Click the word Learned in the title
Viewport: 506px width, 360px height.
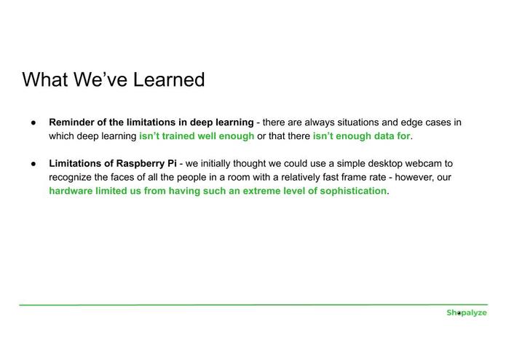169,79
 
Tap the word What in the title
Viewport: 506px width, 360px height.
45,79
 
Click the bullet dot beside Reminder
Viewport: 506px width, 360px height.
33,122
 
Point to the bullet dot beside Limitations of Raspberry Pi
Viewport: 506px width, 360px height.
33,164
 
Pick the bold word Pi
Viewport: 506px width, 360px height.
172,163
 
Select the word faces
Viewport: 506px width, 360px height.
122,177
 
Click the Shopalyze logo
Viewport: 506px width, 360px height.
467,313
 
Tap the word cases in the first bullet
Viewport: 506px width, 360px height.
439,122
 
